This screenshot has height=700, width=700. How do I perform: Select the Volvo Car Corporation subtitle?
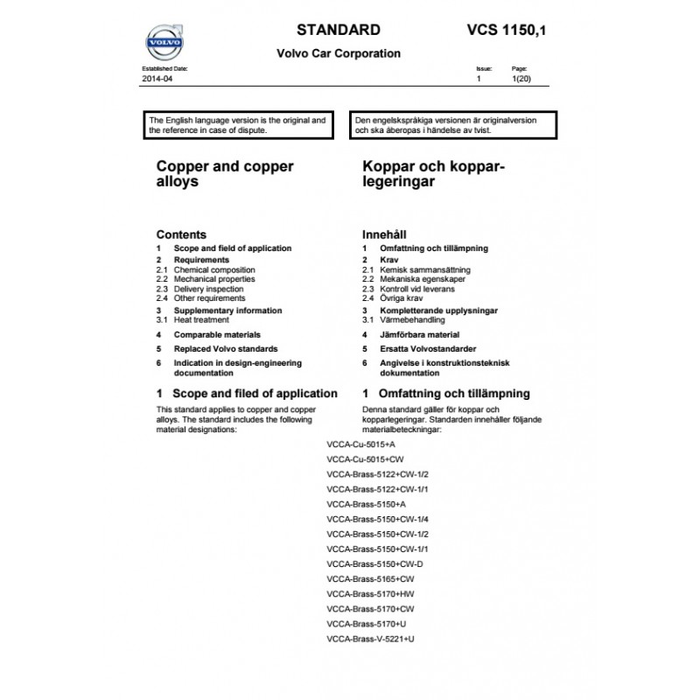339,53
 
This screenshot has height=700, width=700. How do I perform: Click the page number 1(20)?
521,79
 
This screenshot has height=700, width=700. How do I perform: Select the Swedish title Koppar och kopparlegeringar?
435,174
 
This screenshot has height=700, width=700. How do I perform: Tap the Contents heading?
181,234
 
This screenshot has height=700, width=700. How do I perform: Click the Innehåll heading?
384,234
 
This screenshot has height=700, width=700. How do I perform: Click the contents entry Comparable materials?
217,335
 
